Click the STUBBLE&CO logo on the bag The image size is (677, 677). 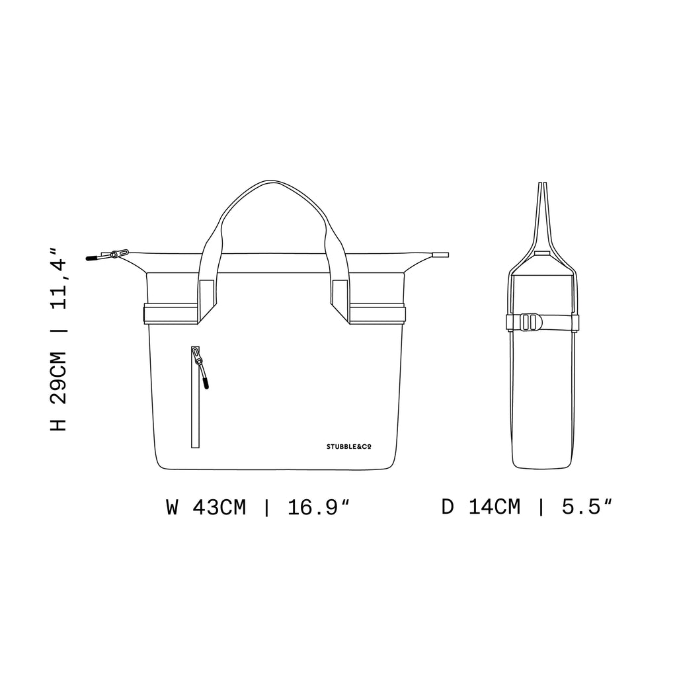tap(349, 447)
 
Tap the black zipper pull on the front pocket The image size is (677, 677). tap(206, 383)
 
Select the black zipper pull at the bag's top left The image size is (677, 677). tap(91, 259)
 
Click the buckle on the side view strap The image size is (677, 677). tap(531, 322)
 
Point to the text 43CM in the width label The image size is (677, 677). tap(219, 507)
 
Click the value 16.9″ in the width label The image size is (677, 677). tap(318, 507)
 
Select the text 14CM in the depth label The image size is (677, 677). tap(495, 506)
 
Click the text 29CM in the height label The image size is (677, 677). tap(59, 378)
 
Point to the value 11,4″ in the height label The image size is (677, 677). tap(59, 278)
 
